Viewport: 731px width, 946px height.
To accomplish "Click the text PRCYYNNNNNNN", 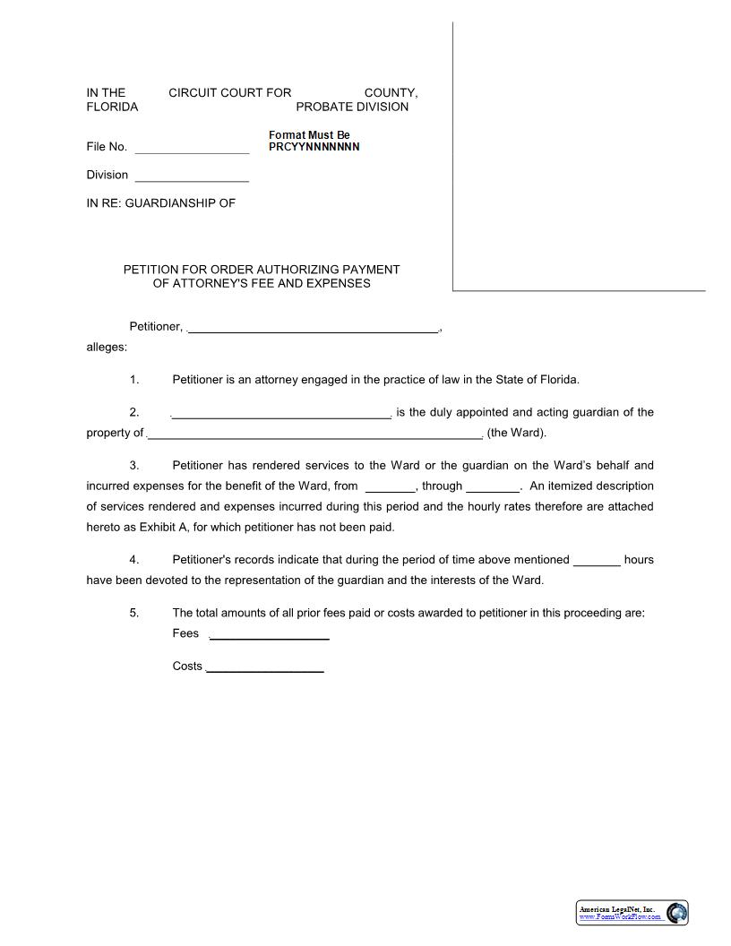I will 314,147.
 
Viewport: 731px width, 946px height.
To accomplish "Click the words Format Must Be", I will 309,135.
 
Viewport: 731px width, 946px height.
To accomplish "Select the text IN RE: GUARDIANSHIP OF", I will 160,202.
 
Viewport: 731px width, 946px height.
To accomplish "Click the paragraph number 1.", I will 134,379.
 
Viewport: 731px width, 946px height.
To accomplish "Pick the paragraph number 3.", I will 134,465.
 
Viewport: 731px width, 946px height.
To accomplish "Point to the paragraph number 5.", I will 134,613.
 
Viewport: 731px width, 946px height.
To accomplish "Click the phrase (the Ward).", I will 517,433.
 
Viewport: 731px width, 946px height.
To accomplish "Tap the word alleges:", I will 107,347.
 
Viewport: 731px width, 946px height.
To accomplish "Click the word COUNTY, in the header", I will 391,92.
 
